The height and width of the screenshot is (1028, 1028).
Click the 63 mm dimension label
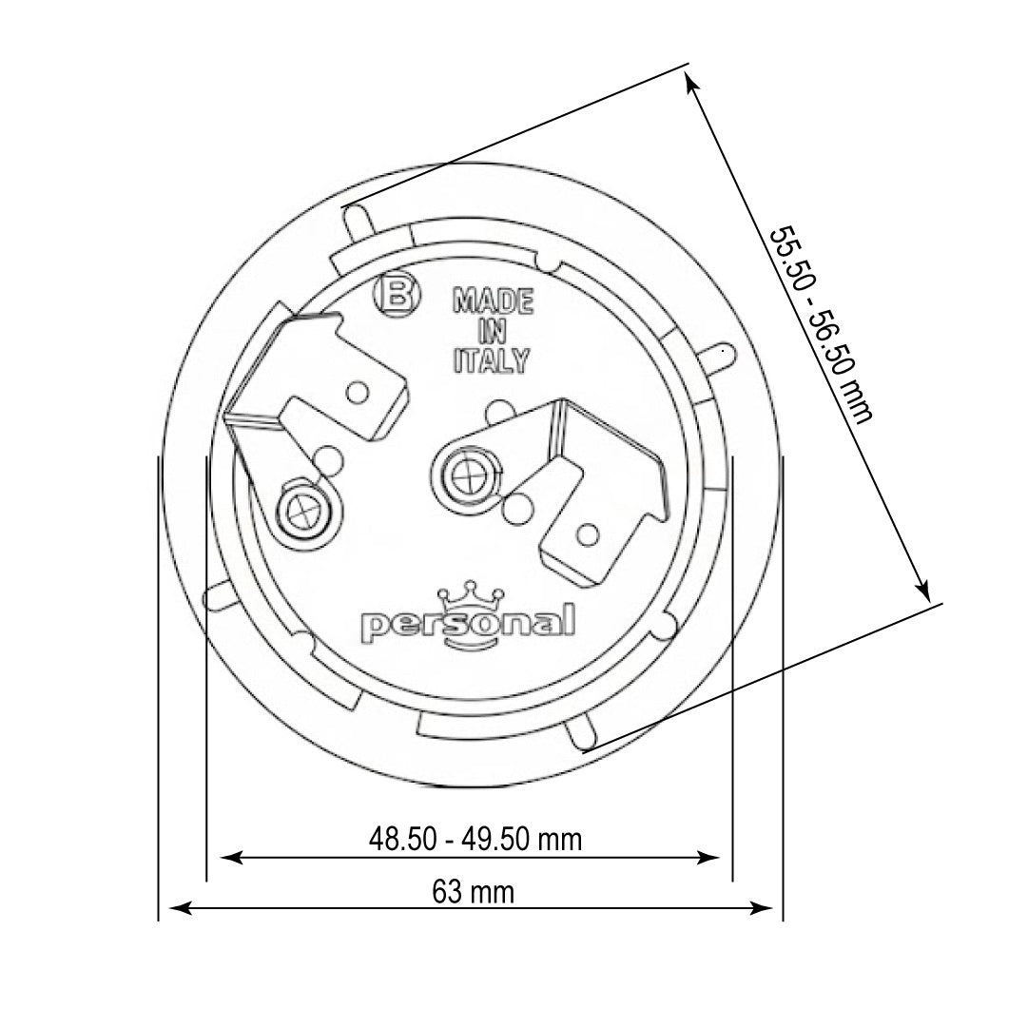click(473, 892)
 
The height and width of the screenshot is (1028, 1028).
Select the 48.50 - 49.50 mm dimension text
click(475, 840)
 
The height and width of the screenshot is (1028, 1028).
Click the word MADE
click(493, 302)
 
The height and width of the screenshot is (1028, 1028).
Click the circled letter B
click(398, 296)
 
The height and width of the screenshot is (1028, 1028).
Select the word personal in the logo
click(469, 624)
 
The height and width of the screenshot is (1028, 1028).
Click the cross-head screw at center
click(466, 469)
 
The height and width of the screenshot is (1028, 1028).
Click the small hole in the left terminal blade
click(359, 391)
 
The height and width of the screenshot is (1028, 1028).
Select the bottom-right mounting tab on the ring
click(579, 733)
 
